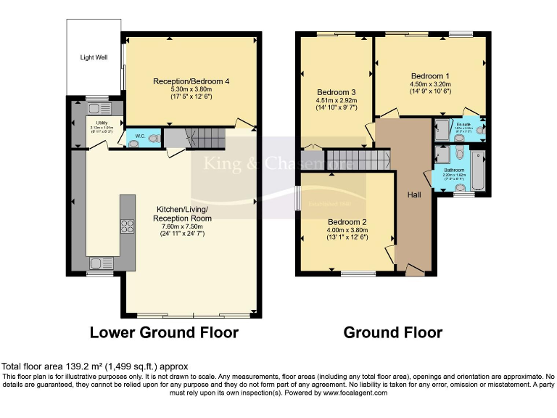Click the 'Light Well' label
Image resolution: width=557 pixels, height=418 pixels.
[x=94, y=57]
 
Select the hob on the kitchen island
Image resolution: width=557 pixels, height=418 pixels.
[x=128, y=225]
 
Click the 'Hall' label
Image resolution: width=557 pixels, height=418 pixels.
[x=413, y=195]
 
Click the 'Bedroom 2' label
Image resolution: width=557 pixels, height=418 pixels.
[x=346, y=222]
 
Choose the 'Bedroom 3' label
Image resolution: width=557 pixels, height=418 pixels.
[x=337, y=92]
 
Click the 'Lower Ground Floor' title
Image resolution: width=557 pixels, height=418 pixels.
[x=164, y=333]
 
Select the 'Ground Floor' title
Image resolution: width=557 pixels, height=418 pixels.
[x=392, y=333]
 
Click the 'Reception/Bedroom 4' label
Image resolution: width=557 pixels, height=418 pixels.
[x=191, y=81]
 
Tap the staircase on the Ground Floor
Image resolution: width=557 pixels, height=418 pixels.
[x=356, y=159]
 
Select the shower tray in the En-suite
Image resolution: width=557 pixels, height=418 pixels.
[x=442, y=131]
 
